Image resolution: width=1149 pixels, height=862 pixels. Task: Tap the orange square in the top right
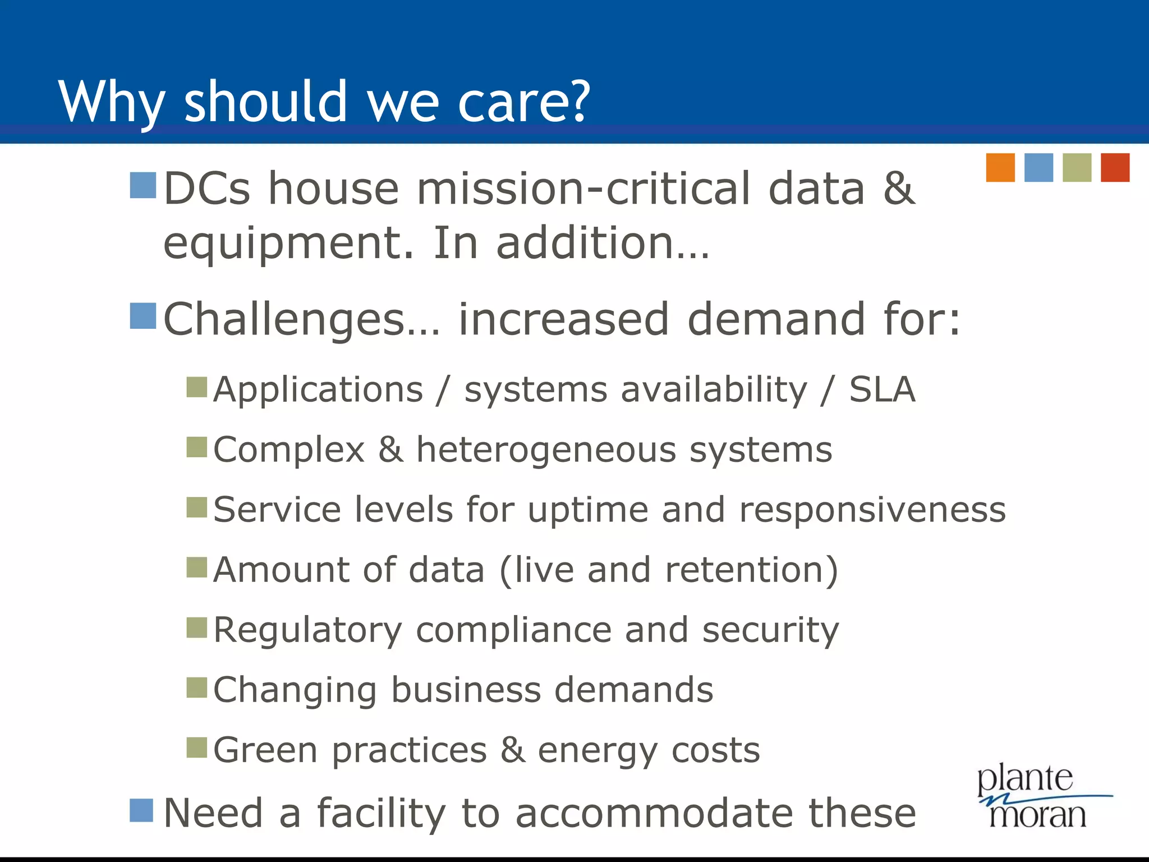[x=1000, y=167]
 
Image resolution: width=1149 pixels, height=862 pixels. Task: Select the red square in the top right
[x=1115, y=167]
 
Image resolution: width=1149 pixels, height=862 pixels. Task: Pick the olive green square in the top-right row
[x=1077, y=167]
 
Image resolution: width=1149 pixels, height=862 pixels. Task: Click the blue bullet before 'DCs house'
[x=143, y=185]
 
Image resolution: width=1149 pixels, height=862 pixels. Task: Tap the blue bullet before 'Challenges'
[x=143, y=316]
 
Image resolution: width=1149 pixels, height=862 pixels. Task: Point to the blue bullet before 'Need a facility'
[x=141, y=810]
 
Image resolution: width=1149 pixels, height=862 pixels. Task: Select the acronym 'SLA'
[x=882, y=389]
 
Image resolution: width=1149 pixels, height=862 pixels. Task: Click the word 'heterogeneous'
[x=546, y=451]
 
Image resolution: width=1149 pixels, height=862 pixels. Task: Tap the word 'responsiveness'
[x=872, y=511]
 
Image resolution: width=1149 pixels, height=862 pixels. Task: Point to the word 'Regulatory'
[x=307, y=631]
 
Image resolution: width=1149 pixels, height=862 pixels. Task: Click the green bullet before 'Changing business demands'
[x=197, y=687]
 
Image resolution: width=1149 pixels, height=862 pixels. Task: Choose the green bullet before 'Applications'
[x=197, y=387]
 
